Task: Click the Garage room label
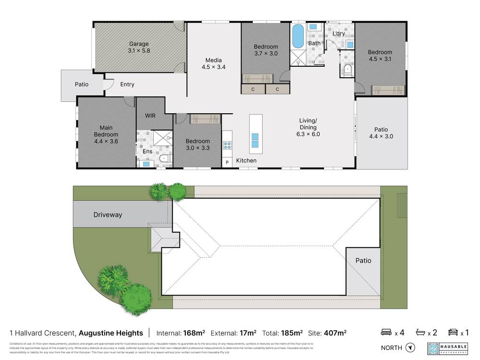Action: tap(138, 44)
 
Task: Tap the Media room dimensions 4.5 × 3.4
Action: tap(214, 67)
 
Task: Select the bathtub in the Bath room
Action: tap(298, 36)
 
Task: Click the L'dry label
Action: tap(339, 33)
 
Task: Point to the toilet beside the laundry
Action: tap(348, 71)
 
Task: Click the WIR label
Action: tap(150, 116)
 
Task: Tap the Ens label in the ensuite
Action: tap(148, 152)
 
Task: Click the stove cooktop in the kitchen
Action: tap(227, 145)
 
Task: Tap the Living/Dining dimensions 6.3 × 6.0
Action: tap(308, 134)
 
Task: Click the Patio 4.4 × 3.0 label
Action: tap(381, 133)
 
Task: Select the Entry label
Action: tap(127, 84)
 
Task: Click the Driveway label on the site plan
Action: tap(108, 215)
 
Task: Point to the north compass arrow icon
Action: tap(409, 348)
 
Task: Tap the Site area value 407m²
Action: tap(336, 333)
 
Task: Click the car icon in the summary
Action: tap(452, 332)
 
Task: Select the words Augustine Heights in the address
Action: tap(111, 333)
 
